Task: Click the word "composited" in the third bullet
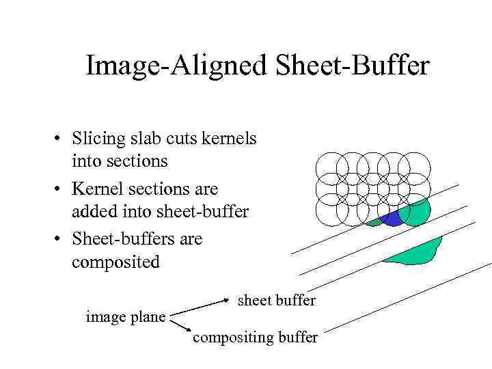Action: [x=115, y=262]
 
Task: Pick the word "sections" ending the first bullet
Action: [x=120, y=163]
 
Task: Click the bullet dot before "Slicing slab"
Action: [x=60, y=139]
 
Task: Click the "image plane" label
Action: [x=125, y=316]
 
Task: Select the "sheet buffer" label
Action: [x=276, y=300]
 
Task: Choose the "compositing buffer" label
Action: [x=255, y=338]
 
